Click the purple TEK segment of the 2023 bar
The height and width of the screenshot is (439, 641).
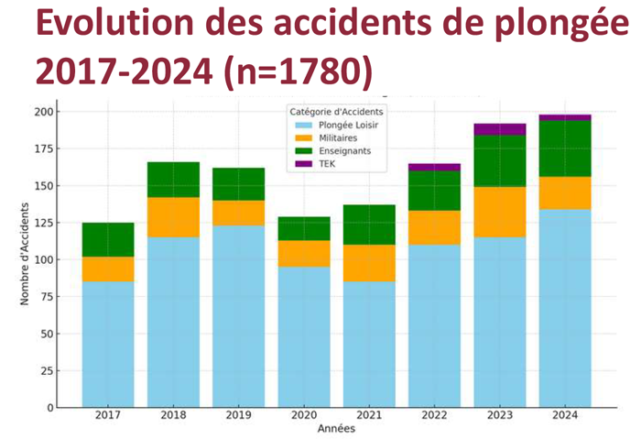pos(500,129)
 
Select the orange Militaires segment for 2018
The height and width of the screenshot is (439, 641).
pos(173,217)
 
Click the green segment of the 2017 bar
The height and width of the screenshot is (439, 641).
pos(108,239)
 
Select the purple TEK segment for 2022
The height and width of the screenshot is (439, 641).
pos(434,167)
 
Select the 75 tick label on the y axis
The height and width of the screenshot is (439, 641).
pos(43,297)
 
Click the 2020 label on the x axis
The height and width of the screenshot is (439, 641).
pos(304,416)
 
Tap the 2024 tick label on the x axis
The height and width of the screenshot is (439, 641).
pos(565,416)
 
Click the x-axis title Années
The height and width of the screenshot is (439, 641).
pos(336,429)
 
